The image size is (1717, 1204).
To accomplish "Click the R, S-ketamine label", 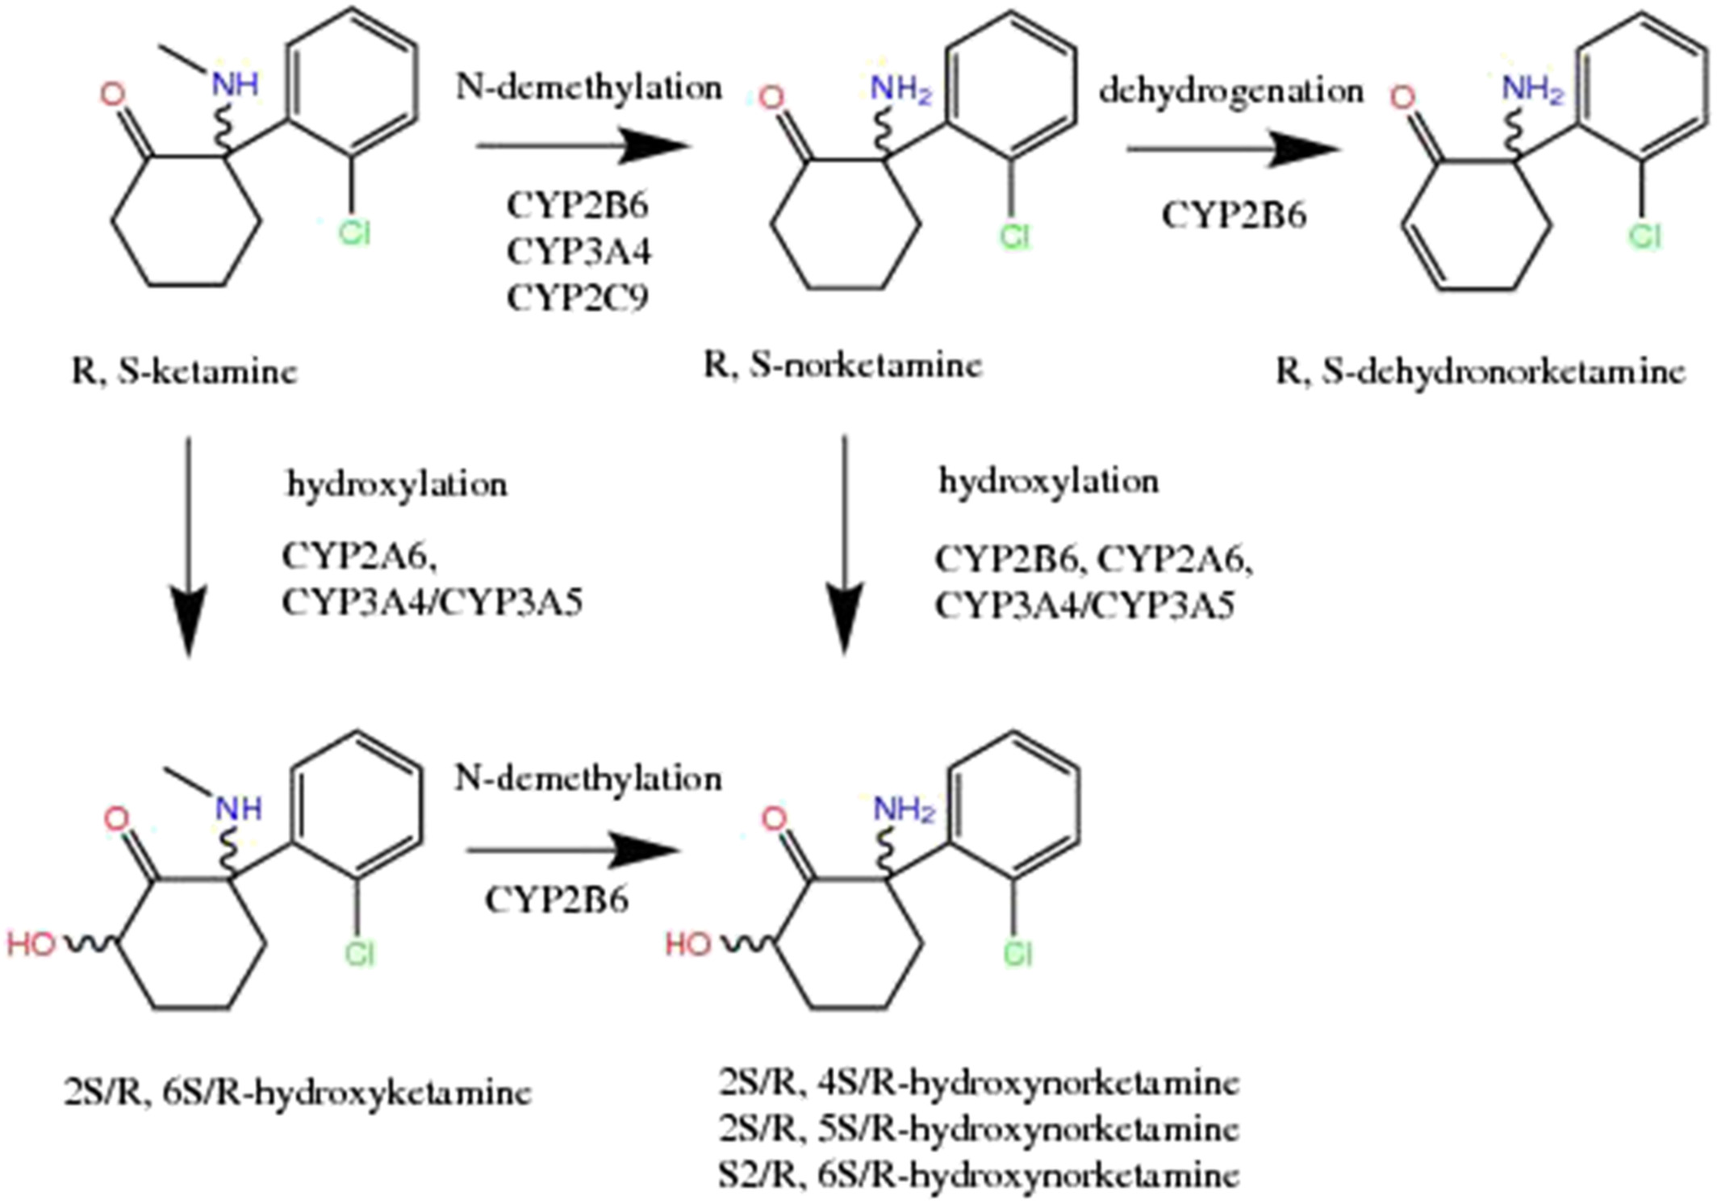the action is tap(185, 372).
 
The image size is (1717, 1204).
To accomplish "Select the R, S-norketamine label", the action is tap(843, 366).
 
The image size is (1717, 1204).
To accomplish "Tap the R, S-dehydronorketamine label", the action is tap(1481, 372).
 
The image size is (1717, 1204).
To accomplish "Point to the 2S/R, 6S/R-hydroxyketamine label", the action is tap(298, 1093).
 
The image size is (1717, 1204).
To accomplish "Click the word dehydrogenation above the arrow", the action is tap(1231, 92).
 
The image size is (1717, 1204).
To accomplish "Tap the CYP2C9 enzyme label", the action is tap(578, 299).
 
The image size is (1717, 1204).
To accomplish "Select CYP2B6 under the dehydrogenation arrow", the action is tap(1234, 215).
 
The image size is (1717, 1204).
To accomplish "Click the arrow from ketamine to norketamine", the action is tap(584, 146).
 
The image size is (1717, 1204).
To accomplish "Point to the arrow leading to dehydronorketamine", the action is tap(1234, 149).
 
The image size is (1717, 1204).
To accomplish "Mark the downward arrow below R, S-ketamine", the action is tap(189, 547).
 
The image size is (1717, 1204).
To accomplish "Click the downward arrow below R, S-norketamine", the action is tap(845, 545).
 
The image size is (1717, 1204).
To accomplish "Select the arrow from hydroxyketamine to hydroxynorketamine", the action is tap(574, 851).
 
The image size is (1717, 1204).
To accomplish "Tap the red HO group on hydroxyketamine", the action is tap(32, 943).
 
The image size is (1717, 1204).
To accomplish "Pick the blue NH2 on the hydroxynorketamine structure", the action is tap(904, 809).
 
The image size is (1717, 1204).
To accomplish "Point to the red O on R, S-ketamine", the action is tap(112, 95).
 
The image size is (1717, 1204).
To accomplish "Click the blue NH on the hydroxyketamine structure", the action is tap(239, 808).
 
